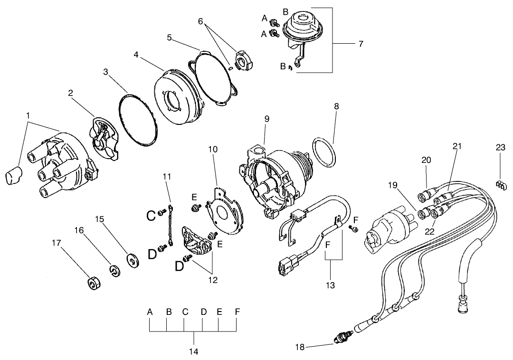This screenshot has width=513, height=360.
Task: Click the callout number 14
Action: (193, 352)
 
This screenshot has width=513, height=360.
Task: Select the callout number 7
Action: (361, 44)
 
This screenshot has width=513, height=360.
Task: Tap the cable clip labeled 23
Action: (500, 184)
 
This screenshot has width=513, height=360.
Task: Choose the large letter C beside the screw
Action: (151, 216)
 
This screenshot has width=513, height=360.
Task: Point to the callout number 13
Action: (330, 285)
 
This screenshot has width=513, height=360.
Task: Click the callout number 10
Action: (213, 149)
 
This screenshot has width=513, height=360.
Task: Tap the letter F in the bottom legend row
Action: (237, 312)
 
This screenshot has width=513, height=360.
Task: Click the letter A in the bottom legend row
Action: (150, 312)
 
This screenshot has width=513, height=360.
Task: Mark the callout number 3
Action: (105, 72)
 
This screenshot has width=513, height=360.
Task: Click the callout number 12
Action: (212, 280)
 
